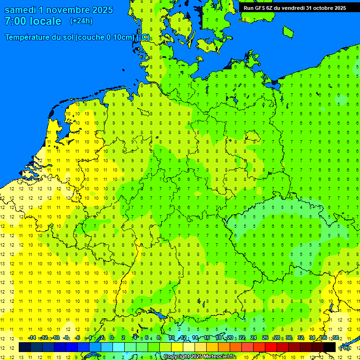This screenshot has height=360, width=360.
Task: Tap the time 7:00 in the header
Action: click(15, 21)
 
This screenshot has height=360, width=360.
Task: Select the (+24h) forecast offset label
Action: click(81, 21)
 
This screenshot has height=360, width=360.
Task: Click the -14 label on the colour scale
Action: click(32, 337)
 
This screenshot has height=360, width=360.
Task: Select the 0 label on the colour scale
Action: click(112, 337)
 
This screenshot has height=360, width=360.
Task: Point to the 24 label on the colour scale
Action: click(254, 337)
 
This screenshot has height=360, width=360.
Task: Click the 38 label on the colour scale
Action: click(336, 337)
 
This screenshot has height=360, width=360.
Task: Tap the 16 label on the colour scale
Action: click(206, 337)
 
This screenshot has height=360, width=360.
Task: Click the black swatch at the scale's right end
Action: click(330, 347)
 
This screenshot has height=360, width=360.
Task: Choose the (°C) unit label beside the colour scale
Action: click(345, 347)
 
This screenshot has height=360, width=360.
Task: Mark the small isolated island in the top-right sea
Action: click(288, 31)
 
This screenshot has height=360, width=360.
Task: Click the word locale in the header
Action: click(44, 21)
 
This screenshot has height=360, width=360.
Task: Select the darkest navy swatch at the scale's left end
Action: click(25, 347)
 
